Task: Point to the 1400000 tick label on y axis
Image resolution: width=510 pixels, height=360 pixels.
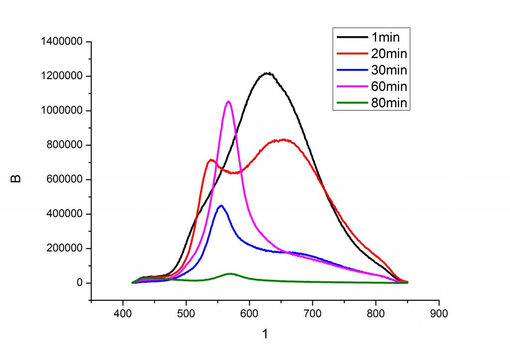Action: tap(62, 42)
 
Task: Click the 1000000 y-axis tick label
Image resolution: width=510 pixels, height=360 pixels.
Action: tap(62, 111)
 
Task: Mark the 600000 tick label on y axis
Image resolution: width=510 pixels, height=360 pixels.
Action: tap(64, 180)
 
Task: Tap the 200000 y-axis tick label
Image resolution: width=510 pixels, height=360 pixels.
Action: tap(64, 248)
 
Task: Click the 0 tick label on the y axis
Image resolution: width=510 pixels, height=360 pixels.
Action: tap(80, 283)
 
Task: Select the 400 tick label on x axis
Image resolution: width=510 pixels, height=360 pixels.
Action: tap(123, 314)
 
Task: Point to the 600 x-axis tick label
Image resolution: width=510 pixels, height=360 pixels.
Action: tap(249, 314)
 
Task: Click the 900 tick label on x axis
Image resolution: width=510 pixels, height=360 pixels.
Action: tap(438, 314)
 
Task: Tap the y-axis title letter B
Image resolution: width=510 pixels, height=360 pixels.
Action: tap(16, 177)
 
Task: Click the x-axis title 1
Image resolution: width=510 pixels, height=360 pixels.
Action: tap(265, 334)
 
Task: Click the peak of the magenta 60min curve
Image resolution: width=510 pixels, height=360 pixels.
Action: tap(229, 102)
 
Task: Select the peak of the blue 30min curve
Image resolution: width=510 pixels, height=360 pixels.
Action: tap(221, 206)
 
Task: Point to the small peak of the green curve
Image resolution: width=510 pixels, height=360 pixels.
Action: tap(231, 273)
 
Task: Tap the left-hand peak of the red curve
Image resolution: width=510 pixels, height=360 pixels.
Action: tap(211, 160)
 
